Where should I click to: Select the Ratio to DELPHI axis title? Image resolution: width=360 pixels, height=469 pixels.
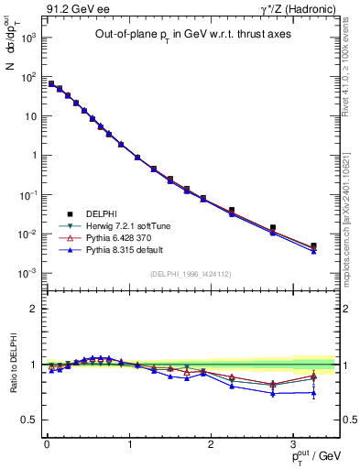pos(13,364)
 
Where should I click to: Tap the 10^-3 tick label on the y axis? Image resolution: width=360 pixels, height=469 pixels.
pos(26,273)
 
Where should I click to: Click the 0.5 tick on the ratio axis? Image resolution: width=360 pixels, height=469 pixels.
pos(27,420)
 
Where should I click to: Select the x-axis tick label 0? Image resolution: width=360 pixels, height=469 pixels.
pos(46,442)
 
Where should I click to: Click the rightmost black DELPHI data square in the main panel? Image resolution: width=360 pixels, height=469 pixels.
pos(313,245)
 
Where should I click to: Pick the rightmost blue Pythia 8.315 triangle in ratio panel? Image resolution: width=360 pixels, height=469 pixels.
pos(313,393)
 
